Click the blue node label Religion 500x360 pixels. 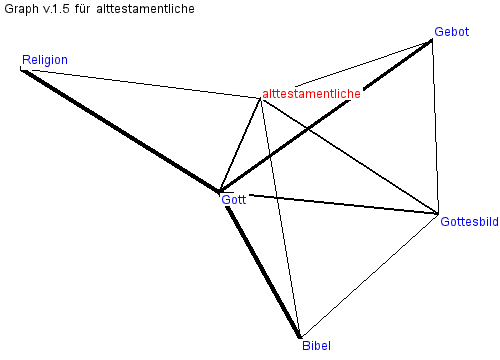pos(45,60)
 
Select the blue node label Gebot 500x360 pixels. pos(452,32)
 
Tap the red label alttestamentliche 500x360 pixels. pos(311,94)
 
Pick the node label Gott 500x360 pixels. pos(234,199)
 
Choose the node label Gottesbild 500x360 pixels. pos(469,222)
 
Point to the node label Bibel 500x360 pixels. pos(316,345)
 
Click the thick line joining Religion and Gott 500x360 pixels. pos(120,131)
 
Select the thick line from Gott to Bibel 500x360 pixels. pos(263,272)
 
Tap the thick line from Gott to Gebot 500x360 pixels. pos(326,116)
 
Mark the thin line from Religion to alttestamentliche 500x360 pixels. pos(146,84)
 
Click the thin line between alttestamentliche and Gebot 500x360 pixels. pos(363,63)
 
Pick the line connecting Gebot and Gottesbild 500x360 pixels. pos(435,127)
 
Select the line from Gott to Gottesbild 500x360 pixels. pos(344,204)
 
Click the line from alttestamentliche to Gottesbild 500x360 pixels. pos(350,156)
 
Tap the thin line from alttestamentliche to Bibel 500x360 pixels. pos(280,218)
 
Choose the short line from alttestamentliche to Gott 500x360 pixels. pos(240,145)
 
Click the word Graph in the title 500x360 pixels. pos(21,9)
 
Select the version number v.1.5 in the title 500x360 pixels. pos(56,9)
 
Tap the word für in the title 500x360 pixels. pos(82,9)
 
